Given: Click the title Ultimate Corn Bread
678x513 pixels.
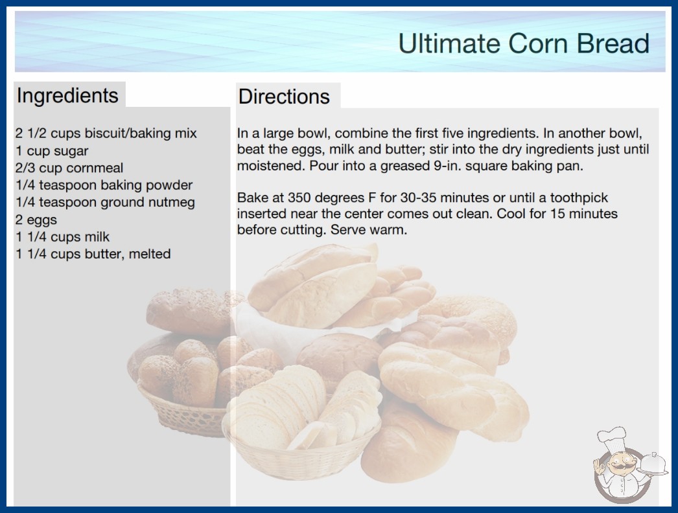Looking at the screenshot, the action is [x=524, y=43].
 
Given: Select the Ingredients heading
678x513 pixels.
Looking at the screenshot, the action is [x=67, y=96].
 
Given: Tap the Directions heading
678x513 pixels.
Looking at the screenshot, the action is [x=284, y=97].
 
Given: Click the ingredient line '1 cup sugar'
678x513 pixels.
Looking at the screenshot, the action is [x=52, y=151].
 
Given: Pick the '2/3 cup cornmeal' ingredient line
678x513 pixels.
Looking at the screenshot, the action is [x=69, y=168].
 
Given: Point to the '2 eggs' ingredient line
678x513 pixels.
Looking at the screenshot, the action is [x=36, y=220].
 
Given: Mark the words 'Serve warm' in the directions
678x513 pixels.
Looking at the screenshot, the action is [x=369, y=229].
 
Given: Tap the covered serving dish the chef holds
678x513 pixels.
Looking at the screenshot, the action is [x=652, y=464].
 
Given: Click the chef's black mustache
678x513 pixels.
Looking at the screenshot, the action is [x=620, y=466].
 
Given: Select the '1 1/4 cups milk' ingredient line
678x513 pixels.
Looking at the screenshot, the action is [x=63, y=237].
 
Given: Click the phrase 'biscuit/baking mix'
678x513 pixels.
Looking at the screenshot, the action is [x=141, y=133].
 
